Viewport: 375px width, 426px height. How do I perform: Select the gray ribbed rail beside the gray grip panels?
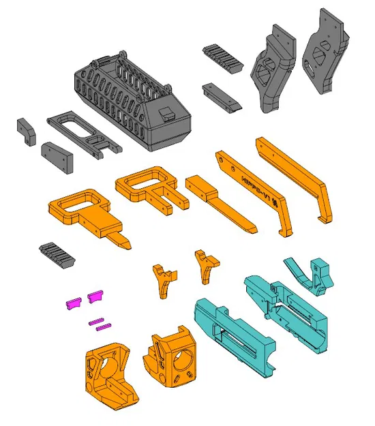pos(222,58)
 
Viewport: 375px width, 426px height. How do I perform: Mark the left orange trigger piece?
pos(164,279)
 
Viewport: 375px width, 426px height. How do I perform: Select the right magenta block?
pos(95,296)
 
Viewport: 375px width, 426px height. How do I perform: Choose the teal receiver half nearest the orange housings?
pos(235,337)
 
